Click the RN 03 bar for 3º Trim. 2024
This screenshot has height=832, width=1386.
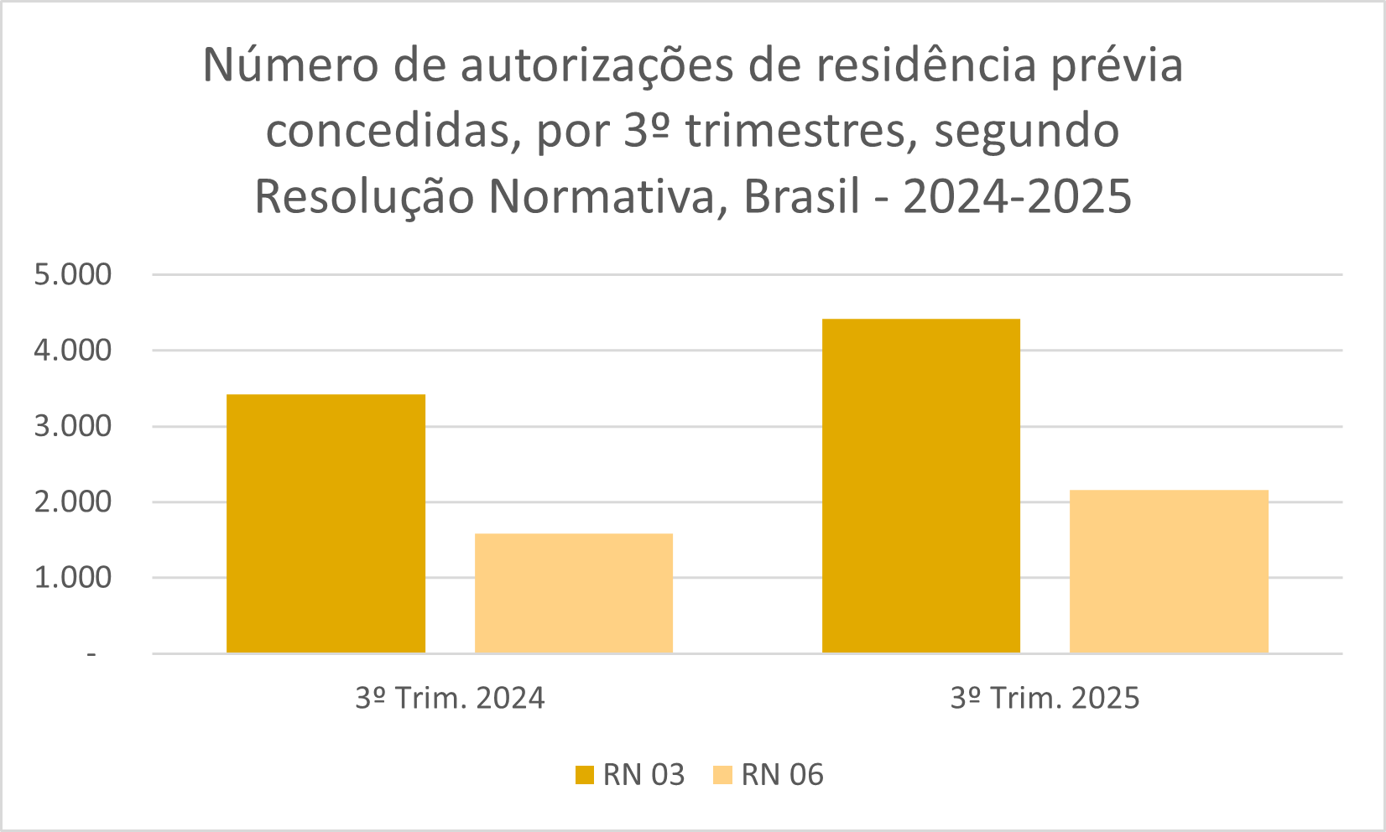point(326,523)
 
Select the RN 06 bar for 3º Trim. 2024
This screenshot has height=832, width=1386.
point(574,593)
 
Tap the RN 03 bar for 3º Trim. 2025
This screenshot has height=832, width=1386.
point(920,486)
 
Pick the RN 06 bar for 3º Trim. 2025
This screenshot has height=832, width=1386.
point(1169,571)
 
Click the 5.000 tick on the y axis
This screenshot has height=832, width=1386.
point(72,274)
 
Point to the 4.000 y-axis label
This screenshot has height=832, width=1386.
point(72,351)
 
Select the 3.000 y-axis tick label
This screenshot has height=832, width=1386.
point(72,426)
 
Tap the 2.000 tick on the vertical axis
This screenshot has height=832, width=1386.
point(72,502)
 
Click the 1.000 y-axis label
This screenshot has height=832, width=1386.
point(72,578)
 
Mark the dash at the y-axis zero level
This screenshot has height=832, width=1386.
point(91,654)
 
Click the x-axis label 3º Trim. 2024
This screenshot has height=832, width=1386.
point(450,698)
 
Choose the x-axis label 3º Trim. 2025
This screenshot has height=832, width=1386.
point(1045,698)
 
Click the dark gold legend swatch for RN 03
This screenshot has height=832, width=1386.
point(584,775)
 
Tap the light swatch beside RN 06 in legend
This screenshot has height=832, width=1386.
point(722,775)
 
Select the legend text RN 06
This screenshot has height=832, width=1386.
point(782,775)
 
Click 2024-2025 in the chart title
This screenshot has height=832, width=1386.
point(1018,197)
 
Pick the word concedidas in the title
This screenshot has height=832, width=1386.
point(388,132)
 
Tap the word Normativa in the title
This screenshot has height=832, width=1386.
point(602,197)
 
